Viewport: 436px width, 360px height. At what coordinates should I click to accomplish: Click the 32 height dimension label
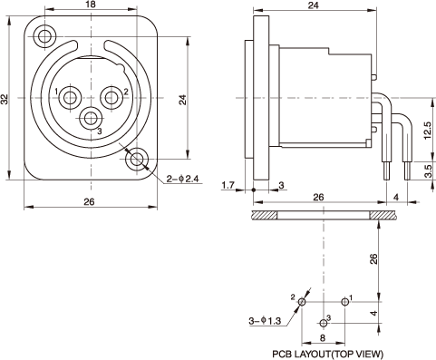pyautogui.click(x=5, y=99)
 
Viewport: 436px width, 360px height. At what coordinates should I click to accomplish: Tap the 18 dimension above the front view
pyautogui.click(x=91, y=5)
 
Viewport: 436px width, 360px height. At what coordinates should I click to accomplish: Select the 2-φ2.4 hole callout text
pyautogui.click(x=183, y=179)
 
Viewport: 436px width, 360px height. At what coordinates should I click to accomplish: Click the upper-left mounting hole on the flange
pyautogui.click(x=44, y=37)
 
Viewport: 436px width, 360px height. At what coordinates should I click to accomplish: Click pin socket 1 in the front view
pyautogui.click(x=70, y=98)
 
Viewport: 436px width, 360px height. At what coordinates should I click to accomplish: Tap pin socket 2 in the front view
pyautogui.click(x=111, y=98)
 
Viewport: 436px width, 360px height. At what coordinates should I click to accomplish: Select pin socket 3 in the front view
pyautogui.click(x=91, y=119)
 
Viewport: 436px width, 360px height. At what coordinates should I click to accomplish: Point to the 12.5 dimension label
pyautogui.click(x=428, y=131)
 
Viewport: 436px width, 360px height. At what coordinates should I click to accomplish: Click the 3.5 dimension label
pyautogui.click(x=428, y=171)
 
